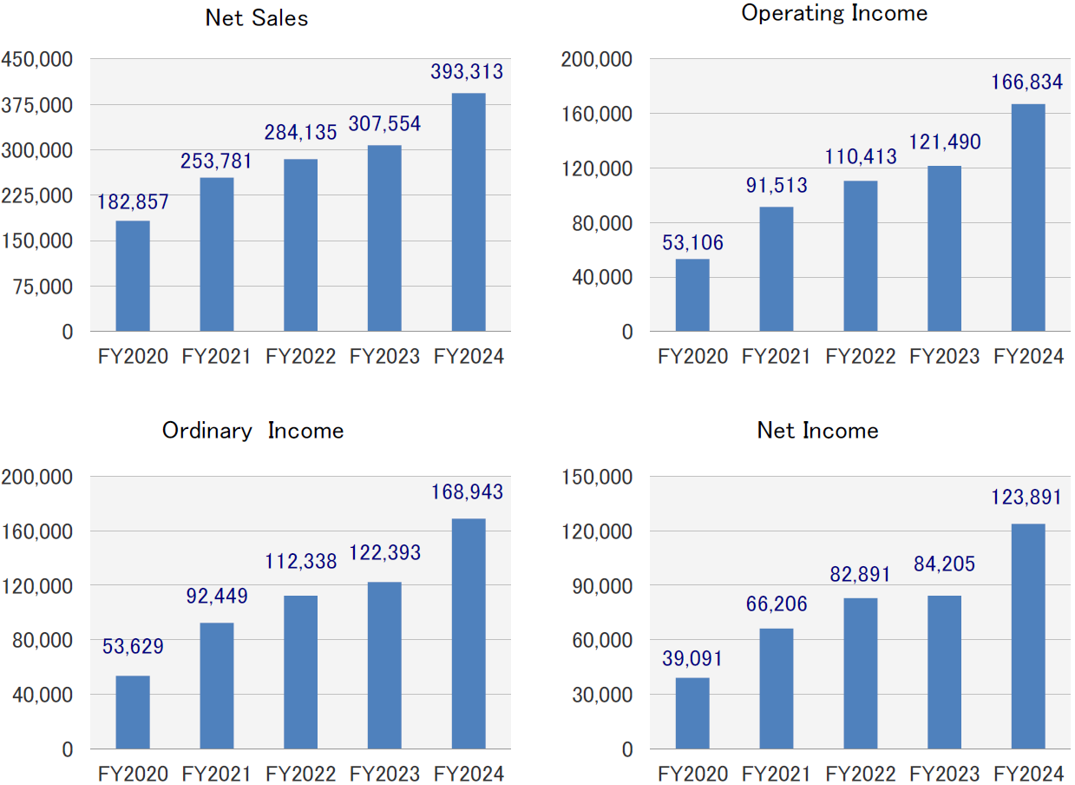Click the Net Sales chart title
257,18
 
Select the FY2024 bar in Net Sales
469,213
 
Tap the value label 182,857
132,201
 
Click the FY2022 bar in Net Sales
300,246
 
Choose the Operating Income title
834,13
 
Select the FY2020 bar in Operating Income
692,295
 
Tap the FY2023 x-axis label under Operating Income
944,357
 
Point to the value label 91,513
776,185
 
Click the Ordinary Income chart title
252,431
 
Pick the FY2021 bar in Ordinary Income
216,686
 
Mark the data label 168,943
468,493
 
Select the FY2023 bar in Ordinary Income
384,665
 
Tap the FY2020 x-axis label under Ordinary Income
133,774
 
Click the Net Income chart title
817,431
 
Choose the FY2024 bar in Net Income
1028,637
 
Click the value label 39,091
692,659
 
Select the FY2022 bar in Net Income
860,674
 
